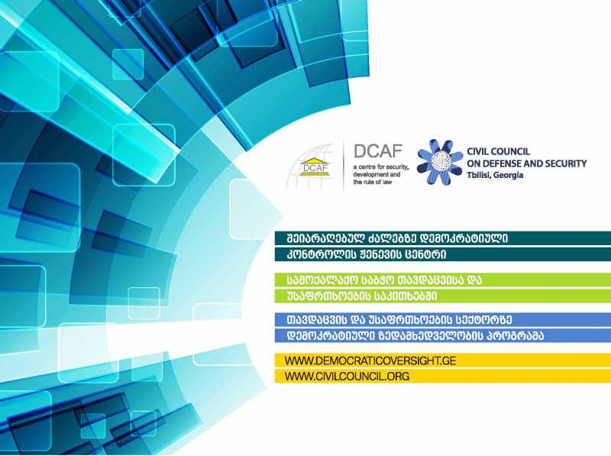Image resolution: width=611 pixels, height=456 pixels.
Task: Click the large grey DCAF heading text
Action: [378, 151]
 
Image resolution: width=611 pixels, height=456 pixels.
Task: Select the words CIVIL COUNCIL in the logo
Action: [499, 151]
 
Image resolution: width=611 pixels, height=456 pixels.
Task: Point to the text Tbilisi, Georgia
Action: [495, 175]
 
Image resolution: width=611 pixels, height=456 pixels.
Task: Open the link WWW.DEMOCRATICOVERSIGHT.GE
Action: [370, 361]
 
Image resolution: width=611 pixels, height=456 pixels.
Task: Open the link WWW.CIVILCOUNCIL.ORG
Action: [347, 376]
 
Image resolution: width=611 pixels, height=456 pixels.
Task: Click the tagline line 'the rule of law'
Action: [372, 182]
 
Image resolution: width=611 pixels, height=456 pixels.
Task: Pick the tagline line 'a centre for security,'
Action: [380, 167]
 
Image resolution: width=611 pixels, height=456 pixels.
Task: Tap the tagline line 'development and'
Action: [377, 175]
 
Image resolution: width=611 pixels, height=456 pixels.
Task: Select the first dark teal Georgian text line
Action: [397, 238]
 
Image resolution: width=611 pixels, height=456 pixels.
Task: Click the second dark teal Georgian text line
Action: [366, 254]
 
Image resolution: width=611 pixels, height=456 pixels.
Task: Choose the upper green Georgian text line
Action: [384, 280]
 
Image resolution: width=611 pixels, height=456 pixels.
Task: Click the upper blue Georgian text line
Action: [399, 320]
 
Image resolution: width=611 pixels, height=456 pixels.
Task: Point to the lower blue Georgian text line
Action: [415, 336]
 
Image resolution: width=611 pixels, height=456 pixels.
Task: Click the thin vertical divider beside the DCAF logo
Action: [343, 167]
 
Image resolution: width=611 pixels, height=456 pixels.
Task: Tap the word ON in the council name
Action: [473, 163]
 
